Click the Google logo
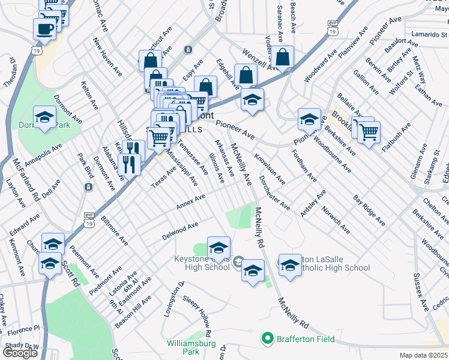[20, 352]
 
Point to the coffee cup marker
[45, 28]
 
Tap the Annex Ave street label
[191, 202]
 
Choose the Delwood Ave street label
[180, 232]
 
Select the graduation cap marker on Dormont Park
[44, 118]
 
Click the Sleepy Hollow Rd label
[197, 314]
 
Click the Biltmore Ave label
[114, 230]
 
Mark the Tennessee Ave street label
[193, 157]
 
